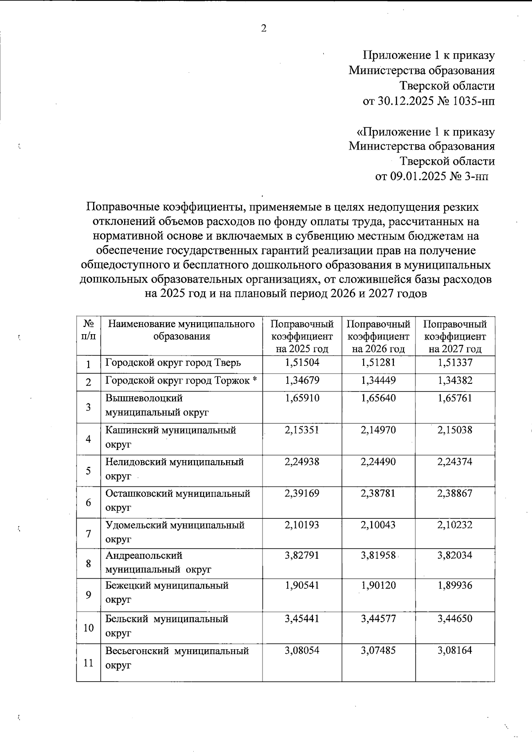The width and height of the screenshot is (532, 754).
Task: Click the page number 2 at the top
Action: tap(264, 29)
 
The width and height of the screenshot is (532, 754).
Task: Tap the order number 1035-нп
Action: tap(474, 101)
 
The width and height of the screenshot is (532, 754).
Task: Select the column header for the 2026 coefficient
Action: tap(378, 336)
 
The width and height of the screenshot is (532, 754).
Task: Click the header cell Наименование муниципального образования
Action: tap(181, 330)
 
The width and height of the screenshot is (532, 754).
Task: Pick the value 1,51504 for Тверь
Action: tap(302, 363)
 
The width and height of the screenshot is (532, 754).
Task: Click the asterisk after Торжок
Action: tap(255, 380)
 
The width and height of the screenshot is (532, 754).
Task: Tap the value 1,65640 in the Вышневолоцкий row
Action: tap(378, 398)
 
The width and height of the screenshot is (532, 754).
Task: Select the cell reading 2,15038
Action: tap(455, 430)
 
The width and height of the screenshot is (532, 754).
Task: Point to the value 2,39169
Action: tap(302, 493)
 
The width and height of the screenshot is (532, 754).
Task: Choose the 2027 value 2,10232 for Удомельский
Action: tap(455, 525)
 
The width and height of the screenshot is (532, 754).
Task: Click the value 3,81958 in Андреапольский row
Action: tap(378, 555)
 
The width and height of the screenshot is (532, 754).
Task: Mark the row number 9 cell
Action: tap(88, 595)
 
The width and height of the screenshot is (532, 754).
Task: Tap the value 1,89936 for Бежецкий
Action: tap(455, 585)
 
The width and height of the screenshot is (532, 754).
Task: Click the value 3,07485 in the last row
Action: tap(378, 651)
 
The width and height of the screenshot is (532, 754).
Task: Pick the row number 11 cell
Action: tap(88, 663)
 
